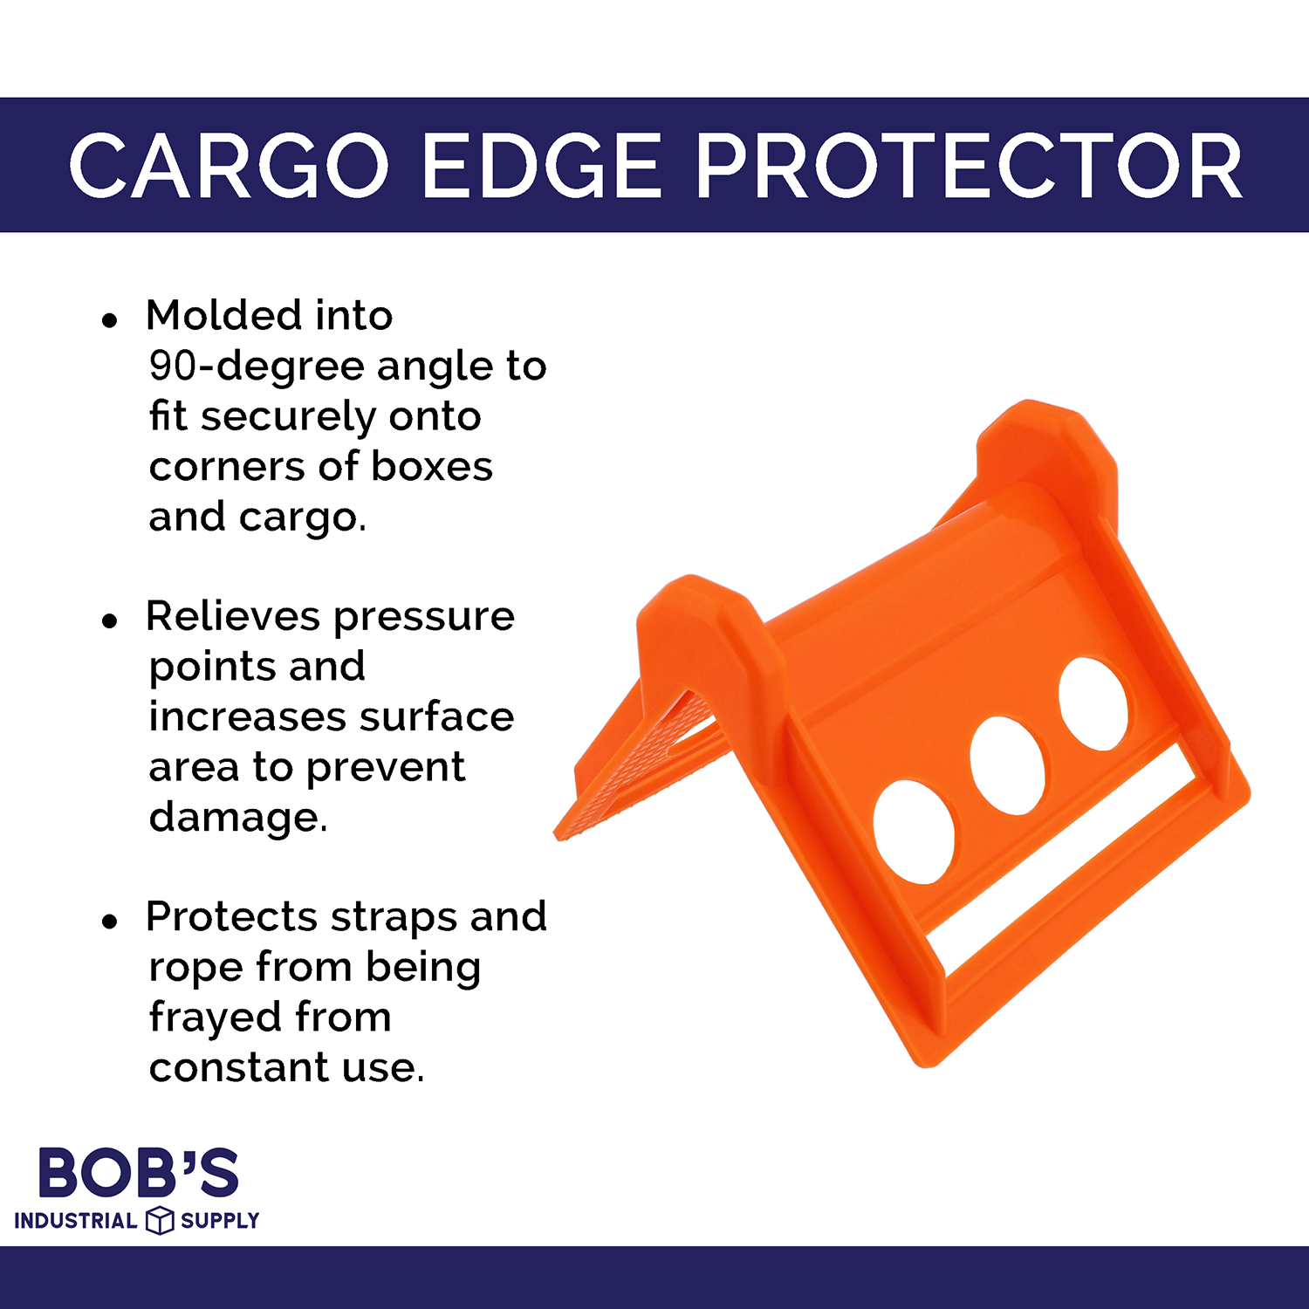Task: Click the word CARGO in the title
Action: (x=229, y=166)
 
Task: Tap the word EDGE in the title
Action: (x=541, y=166)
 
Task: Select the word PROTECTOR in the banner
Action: (x=969, y=166)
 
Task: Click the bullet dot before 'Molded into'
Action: (x=109, y=320)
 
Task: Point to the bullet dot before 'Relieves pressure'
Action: (x=109, y=621)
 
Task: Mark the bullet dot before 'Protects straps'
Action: (x=109, y=922)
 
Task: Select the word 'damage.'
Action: (x=237, y=818)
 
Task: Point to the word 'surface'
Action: (x=436, y=717)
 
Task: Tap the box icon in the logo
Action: (x=160, y=1220)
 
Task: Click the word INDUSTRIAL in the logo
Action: (x=76, y=1220)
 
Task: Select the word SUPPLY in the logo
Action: (x=220, y=1220)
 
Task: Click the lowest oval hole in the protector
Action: (x=914, y=832)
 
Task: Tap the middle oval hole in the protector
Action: (x=1007, y=765)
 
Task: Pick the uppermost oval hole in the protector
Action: (x=1093, y=703)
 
